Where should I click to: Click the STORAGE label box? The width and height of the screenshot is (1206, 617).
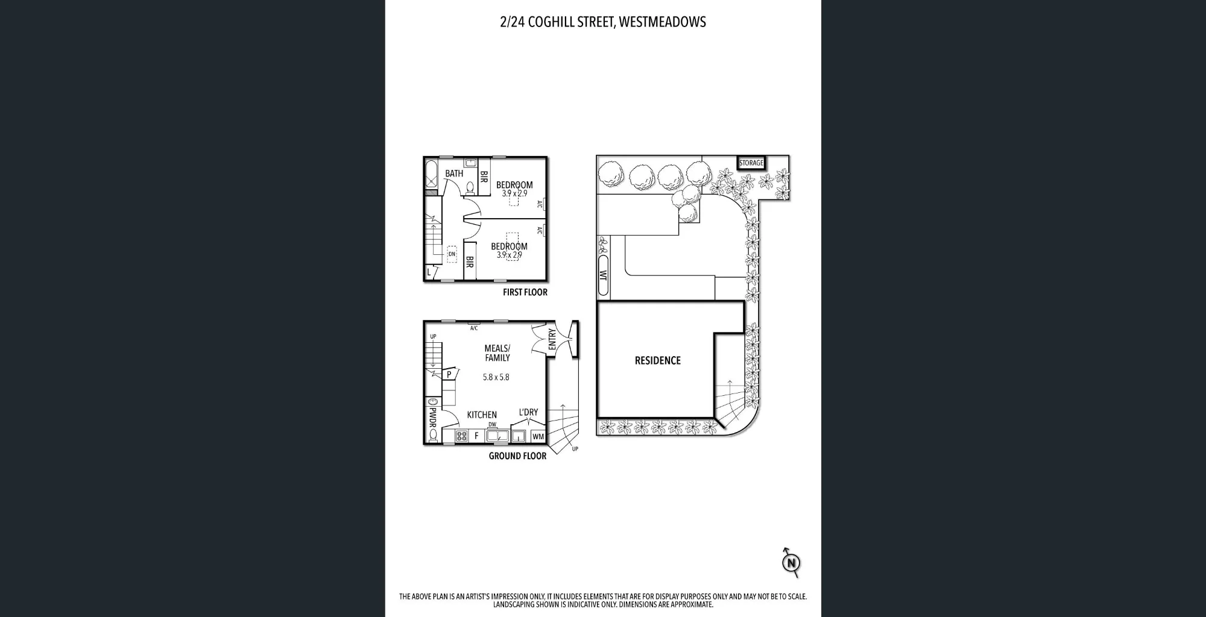tap(751, 163)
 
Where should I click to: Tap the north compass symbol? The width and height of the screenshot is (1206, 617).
tap(791, 563)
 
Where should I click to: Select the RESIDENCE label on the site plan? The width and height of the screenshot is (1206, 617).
tap(657, 360)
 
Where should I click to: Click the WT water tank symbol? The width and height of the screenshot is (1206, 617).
tap(603, 275)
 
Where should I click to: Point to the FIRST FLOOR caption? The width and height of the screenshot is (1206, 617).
tap(525, 292)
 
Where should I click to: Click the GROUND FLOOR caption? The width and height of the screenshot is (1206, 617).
tap(517, 456)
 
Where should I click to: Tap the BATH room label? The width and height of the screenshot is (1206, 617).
tap(454, 174)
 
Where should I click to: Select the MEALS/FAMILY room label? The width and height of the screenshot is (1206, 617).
tap(497, 353)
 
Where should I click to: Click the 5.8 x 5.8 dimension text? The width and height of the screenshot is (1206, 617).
tap(496, 377)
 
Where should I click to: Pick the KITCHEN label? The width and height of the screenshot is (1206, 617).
tap(482, 415)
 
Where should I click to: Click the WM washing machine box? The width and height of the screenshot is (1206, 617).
tap(538, 436)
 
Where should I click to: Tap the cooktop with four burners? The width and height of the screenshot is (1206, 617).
tap(462, 436)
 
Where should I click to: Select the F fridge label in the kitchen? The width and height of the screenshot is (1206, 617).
tap(476, 436)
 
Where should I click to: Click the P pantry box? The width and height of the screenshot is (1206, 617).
tap(449, 374)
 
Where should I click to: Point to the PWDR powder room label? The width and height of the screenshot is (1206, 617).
tap(432, 417)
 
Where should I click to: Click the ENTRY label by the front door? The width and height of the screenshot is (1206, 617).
tap(552, 339)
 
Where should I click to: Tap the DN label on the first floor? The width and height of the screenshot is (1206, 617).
tap(452, 254)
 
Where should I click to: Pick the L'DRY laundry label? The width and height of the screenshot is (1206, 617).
tap(528, 412)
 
